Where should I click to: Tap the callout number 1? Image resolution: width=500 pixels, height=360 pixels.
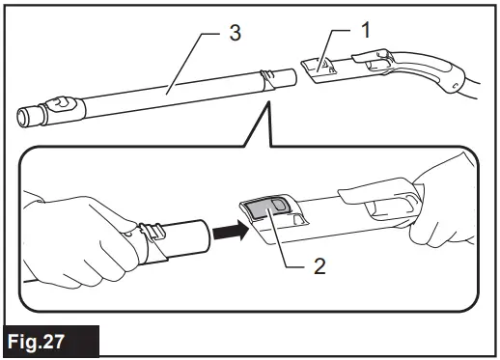365,28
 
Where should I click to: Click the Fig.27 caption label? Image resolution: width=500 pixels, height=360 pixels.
49,343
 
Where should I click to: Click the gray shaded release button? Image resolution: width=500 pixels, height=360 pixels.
264,208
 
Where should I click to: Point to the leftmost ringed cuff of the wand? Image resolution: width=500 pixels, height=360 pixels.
27,117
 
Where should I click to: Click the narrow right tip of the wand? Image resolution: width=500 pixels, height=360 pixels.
287,75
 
